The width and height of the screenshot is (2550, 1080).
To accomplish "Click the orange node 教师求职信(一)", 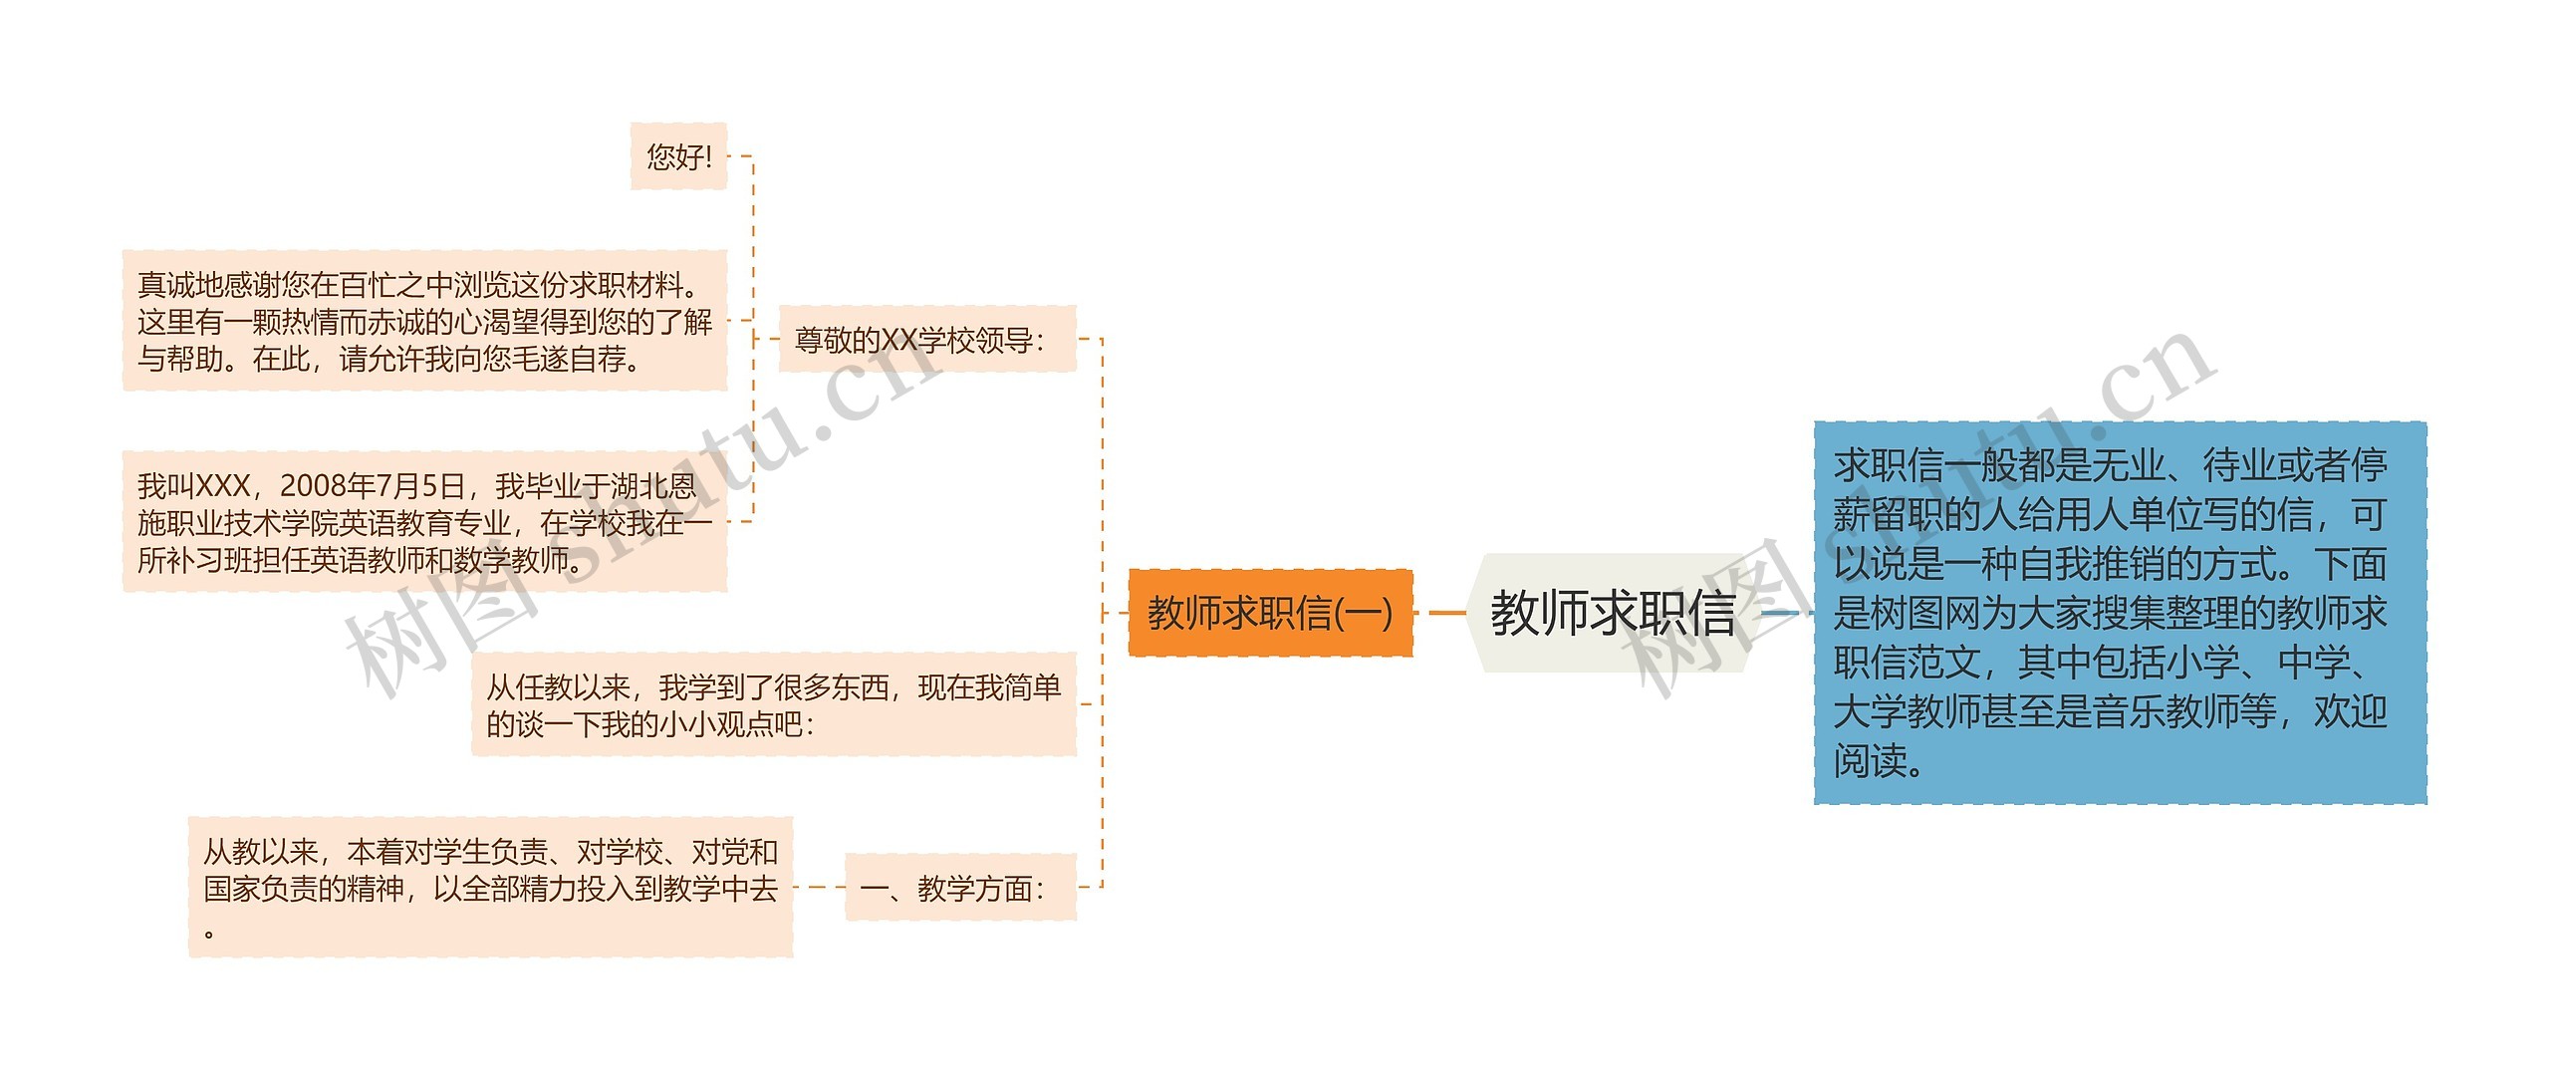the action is (1270, 613).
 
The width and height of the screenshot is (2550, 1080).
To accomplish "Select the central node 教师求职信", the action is (1612, 613).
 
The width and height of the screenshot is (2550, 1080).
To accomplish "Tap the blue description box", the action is (2120, 613).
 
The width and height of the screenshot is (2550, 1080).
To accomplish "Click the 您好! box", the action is (678, 156).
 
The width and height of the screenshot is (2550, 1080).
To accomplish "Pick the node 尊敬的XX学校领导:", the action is (926, 340).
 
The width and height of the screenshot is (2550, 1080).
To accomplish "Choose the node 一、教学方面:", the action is (960, 887).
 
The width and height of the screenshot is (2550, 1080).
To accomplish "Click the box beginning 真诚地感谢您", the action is (424, 321).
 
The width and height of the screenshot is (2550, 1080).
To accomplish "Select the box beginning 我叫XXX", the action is (424, 522).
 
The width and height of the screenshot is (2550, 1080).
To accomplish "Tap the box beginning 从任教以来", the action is (773, 704).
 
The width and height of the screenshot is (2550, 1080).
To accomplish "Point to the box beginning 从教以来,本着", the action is (490, 887).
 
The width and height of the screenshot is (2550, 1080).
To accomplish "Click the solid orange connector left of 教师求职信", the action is (1447, 613).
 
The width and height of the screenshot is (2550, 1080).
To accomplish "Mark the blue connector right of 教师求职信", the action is (1780, 613).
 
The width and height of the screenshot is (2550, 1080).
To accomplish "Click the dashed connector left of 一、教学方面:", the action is (819, 887).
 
